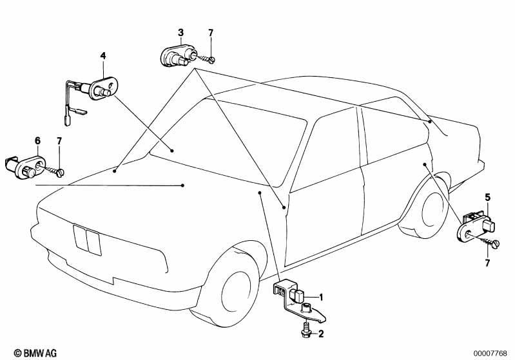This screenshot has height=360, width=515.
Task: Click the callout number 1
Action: [321, 298]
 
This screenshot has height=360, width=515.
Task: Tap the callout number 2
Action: [321, 334]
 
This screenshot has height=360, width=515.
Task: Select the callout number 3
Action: [180, 33]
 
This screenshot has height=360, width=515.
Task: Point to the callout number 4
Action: [103, 56]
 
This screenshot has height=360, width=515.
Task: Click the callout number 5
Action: [487, 198]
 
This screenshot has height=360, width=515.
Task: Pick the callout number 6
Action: [38, 141]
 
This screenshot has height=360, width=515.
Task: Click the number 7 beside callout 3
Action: [211, 33]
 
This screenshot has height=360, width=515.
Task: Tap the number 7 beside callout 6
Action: [59, 141]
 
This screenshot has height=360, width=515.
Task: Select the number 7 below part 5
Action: [487, 263]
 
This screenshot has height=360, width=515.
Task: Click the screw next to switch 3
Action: [206, 59]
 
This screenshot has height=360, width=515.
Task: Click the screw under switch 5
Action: [489, 242]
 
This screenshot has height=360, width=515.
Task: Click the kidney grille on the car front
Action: [87, 240]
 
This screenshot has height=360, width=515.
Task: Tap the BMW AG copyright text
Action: [35, 353]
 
